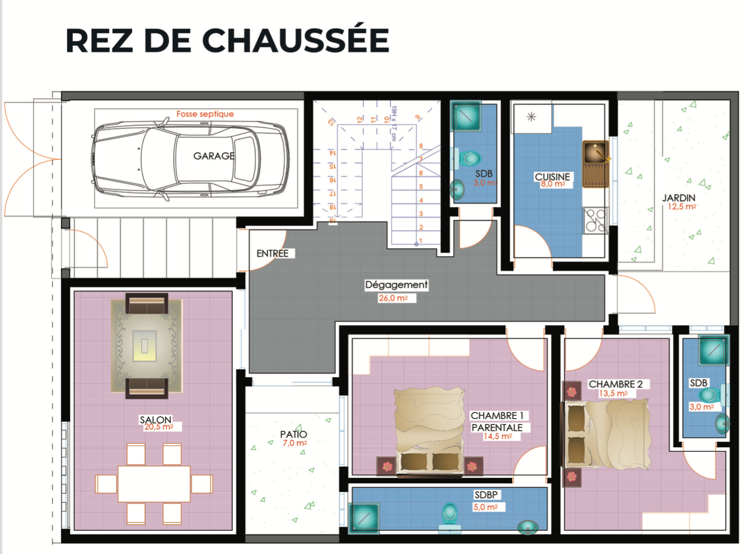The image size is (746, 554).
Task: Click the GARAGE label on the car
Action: [214, 156]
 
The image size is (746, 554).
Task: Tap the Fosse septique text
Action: [205, 114]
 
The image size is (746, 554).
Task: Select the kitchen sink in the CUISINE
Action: [596, 164]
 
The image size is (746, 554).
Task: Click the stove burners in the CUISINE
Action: [596, 220]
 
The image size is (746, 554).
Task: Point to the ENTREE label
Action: [272, 253]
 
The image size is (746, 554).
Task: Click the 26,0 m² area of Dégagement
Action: [393, 298]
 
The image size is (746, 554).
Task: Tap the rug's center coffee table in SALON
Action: [145, 345]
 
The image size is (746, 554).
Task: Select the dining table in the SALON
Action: [154, 484]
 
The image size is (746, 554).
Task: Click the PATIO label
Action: [293, 434]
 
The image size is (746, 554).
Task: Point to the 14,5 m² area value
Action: [498, 436]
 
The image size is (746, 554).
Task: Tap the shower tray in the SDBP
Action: [364, 518]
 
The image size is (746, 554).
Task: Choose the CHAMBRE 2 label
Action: [615, 384]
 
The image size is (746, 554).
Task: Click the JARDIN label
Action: [679, 198]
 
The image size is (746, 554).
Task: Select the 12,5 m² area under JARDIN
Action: [682, 207]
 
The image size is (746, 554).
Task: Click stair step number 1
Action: [421, 241]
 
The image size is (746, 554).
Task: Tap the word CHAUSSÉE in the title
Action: [296, 40]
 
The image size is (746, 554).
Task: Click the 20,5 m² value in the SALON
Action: [159, 427]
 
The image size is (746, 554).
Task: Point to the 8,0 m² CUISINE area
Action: [553, 184]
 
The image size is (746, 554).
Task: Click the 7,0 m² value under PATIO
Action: [295, 443]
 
